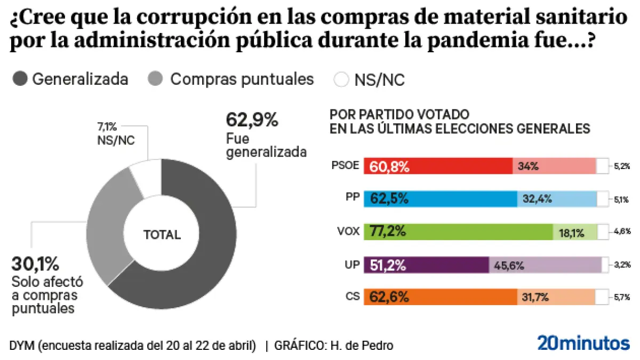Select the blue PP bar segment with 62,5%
(441, 199)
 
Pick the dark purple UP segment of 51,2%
(426, 265)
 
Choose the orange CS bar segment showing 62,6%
(441, 297)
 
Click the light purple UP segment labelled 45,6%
(545, 265)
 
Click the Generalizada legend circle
(20, 80)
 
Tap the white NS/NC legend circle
(341, 80)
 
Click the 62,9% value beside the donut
(252, 119)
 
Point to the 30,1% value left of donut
(35, 263)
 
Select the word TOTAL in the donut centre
(162, 235)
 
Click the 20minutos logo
(583, 343)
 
